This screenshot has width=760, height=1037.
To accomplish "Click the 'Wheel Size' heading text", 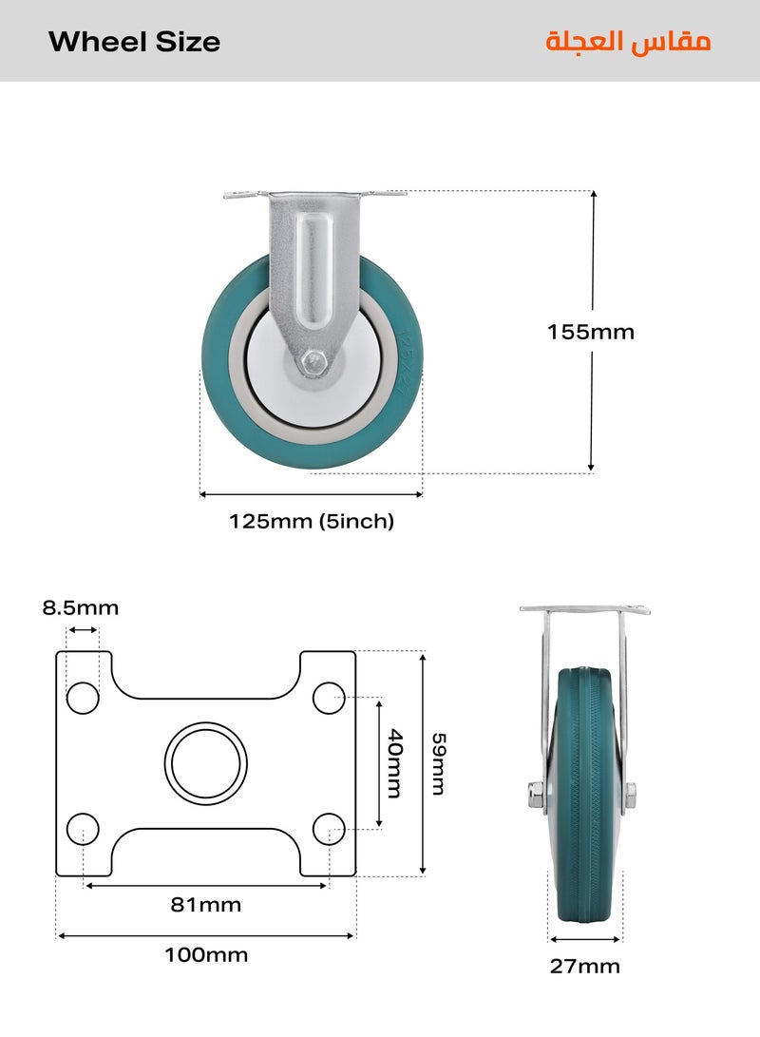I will click(x=134, y=42).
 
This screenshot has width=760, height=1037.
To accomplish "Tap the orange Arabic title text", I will click(x=628, y=42).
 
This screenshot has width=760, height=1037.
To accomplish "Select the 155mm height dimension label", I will click(x=590, y=332).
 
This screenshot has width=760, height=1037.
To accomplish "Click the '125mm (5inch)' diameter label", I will click(x=311, y=521).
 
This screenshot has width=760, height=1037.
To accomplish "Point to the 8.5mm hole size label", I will click(x=81, y=607).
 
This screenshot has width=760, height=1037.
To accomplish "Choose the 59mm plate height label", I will click(x=438, y=763).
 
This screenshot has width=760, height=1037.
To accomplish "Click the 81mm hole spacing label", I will click(x=206, y=904).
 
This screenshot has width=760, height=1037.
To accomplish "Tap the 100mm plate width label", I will click(x=206, y=954).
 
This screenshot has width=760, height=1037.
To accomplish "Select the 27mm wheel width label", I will click(x=584, y=966).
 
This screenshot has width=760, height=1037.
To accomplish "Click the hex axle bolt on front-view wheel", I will click(x=313, y=361).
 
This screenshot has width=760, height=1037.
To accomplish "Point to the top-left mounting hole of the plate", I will click(x=83, y=698).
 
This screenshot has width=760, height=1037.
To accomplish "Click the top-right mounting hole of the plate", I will click(x=329, y=698).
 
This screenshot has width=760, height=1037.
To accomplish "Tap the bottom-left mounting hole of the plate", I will click(x=83, y=829).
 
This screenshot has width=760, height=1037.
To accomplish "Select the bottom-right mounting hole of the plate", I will click(x=329, y=829).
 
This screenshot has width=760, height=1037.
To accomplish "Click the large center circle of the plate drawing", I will click(x=206, y=763).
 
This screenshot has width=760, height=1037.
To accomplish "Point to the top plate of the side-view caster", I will click(x=584, y=608).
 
